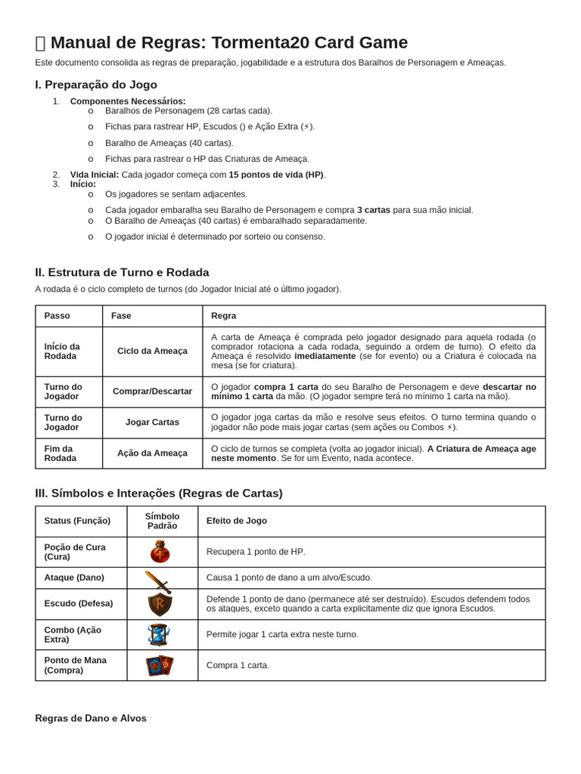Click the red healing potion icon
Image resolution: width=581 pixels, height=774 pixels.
160,552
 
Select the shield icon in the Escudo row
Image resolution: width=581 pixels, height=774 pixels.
160,604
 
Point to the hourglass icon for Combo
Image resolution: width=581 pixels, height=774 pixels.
159,635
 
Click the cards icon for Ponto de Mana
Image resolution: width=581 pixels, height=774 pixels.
160,665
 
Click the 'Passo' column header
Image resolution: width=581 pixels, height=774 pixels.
57,316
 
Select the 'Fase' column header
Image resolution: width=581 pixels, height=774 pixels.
121,316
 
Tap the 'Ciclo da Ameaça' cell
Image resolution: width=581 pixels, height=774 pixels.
152,351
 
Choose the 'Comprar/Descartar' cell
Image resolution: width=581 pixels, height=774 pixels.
152,392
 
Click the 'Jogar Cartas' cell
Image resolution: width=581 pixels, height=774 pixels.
152,423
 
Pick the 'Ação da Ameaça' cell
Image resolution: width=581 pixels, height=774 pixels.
152,454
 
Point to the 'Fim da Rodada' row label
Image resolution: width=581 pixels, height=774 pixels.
61,454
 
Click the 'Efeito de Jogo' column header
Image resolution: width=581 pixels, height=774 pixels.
237,521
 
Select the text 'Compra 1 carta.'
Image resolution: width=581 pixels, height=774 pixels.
238,665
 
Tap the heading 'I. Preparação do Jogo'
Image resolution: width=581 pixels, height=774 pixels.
96,85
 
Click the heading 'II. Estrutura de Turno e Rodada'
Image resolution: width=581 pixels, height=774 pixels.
122,272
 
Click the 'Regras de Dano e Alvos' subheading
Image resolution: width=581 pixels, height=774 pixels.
91,718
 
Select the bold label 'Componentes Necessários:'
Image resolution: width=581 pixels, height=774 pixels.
128,101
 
